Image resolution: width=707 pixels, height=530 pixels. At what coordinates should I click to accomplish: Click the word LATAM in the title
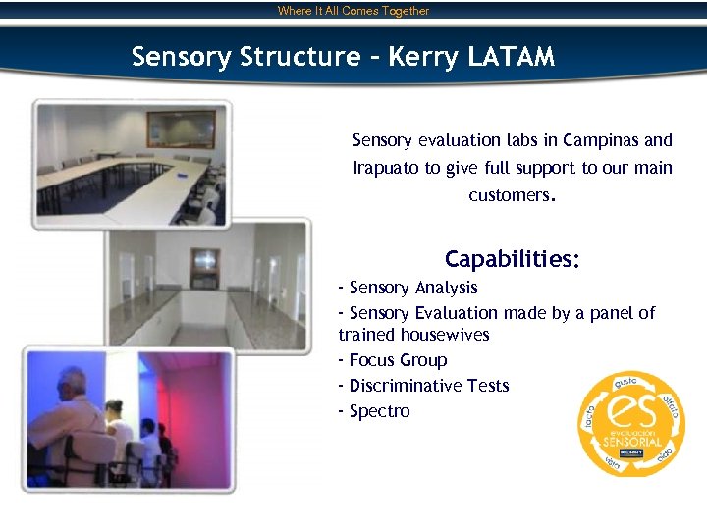[511, 57]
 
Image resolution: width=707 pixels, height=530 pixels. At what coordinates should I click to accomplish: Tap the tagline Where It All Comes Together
[353, 11]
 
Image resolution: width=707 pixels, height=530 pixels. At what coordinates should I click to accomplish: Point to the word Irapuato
[386, 168]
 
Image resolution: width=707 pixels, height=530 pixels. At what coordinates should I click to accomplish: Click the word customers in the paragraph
[510, 195]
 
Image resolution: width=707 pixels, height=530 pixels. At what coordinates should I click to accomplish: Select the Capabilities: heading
[512, 260]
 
